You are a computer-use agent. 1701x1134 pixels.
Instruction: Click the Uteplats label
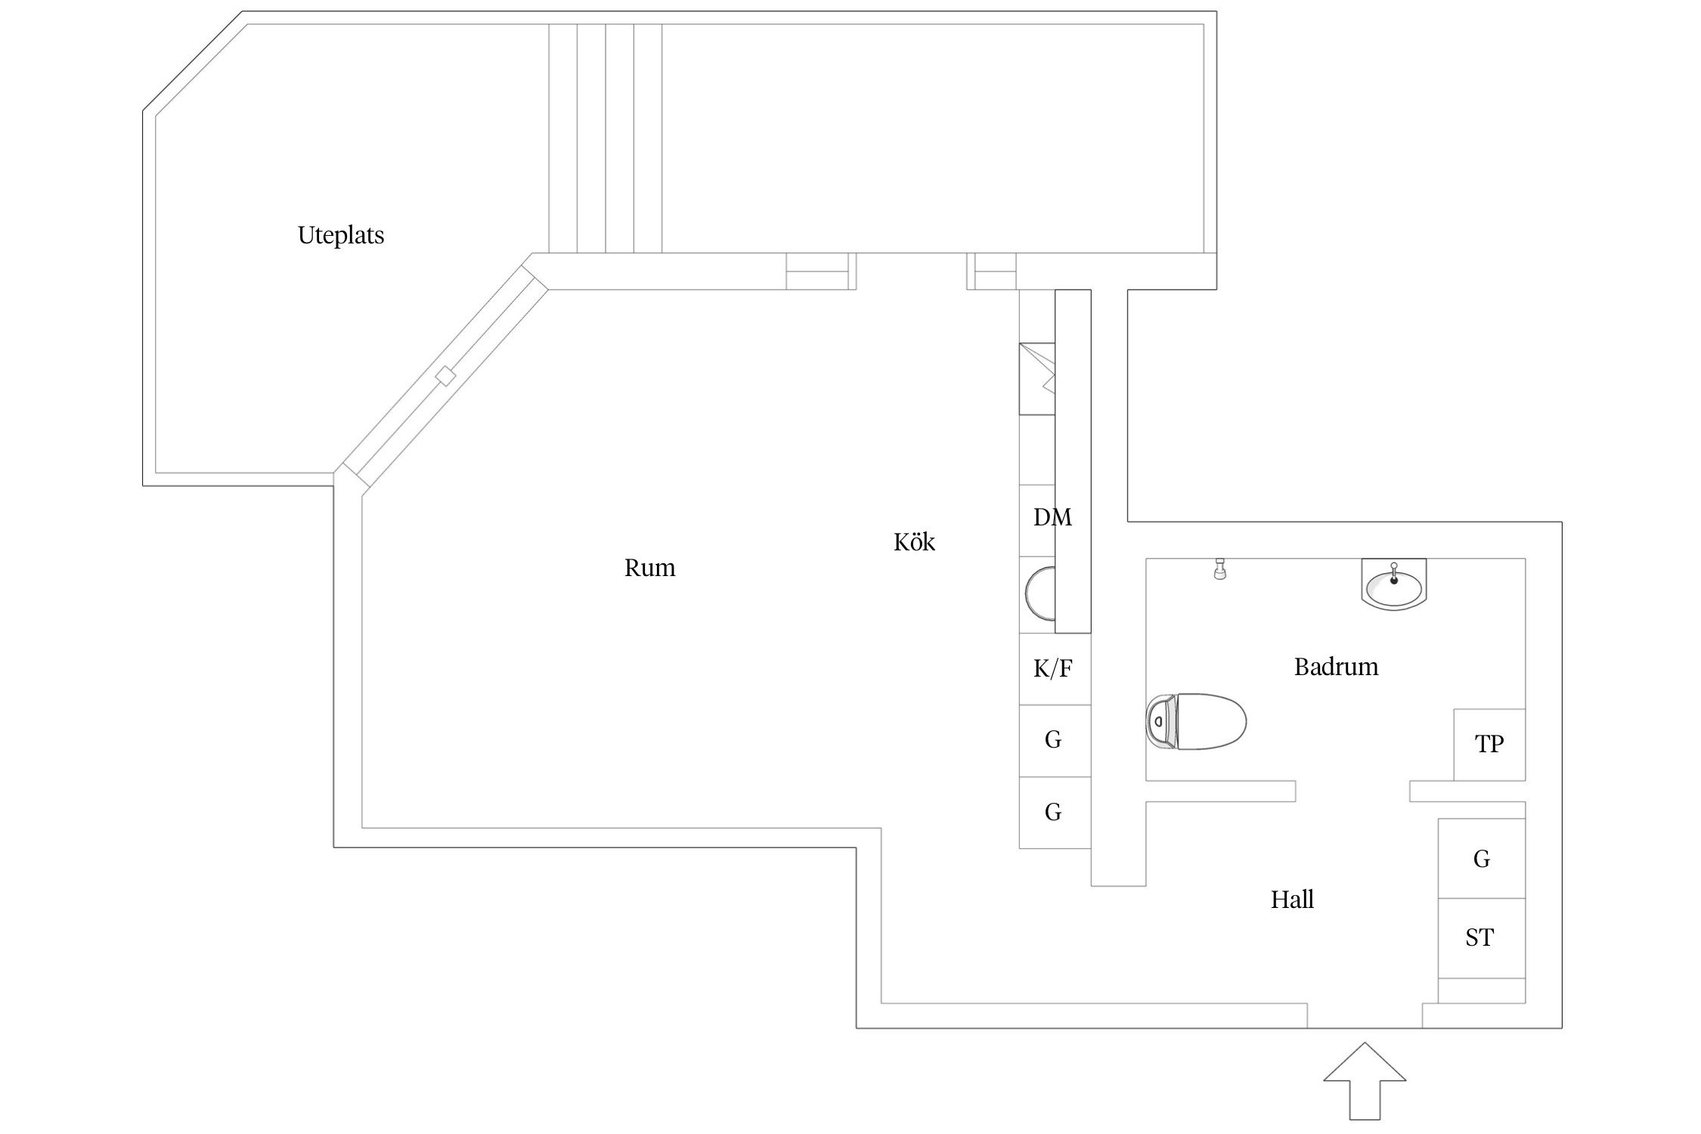pyautogui.click(x=341, y=235)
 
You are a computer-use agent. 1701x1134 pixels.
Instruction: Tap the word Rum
pyautogui.click(x=649, y=568)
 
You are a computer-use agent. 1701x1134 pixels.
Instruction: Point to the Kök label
pyautogui.click(x=914, y=542)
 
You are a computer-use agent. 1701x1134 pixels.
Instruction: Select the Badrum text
pyautogui.click(x=1336, y=667)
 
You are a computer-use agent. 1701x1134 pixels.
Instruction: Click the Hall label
pyautogui.click(x=1292, y=900)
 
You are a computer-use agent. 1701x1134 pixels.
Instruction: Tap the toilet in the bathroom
pyautogui.click(x=1196, y=721)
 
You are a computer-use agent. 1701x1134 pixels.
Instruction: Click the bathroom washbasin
pyautogui.click(x=1394, y=584)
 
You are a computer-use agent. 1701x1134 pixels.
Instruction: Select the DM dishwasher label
pyautogui.click(x=1052, y=518)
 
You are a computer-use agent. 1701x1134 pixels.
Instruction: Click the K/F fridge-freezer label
pyautogui.click(x=1052, y=668)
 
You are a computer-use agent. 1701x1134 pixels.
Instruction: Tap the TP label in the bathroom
pyautogui.click(x=1489, y=744)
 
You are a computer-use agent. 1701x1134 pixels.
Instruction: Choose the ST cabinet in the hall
pyautogui.click(x=1479, y=937)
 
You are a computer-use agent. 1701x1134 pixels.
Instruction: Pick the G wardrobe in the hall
pyautogui.click(x=1481, y=859)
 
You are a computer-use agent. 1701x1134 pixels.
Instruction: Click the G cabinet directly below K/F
pyautogui.click(x=1053, y=739)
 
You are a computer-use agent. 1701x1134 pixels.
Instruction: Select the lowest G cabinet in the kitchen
pyautogui.click(x=1053, y=812)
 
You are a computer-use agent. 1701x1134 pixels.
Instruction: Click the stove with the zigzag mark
pyautogui.click(x=1037, y=379)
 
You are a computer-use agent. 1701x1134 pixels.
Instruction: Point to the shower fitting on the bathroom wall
pyautogui.click(x=1219, y=569)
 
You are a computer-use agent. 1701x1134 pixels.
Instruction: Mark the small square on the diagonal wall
pyautogui.click(x=446, y=376)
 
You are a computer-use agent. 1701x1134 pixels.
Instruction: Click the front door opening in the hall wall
pyautogui.click(x=1365, y=1015)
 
